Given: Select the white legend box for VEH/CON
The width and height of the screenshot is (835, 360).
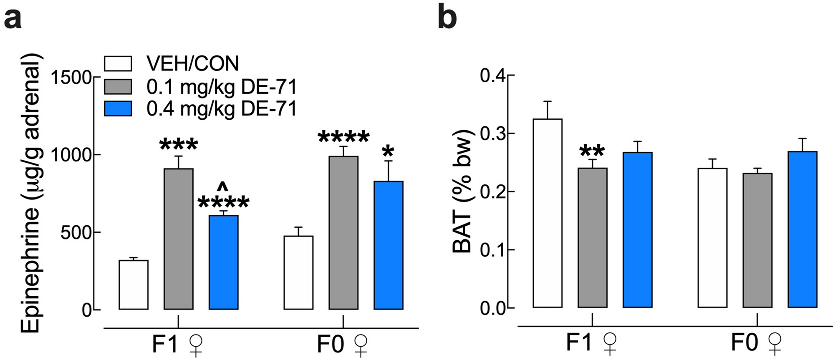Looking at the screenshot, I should tap(118, 63).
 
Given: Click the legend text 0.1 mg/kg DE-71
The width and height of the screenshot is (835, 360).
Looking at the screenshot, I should tap(222, 87).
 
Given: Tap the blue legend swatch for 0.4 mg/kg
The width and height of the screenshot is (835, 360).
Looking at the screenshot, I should tap(118, 108).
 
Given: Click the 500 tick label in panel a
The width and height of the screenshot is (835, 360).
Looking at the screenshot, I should tap(75, 233).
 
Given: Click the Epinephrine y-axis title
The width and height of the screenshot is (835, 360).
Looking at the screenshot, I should tap(31, 192).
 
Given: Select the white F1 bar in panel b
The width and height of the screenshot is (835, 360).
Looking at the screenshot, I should tap(547, 213).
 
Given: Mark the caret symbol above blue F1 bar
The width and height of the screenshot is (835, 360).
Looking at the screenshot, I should tap(223, 186).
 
